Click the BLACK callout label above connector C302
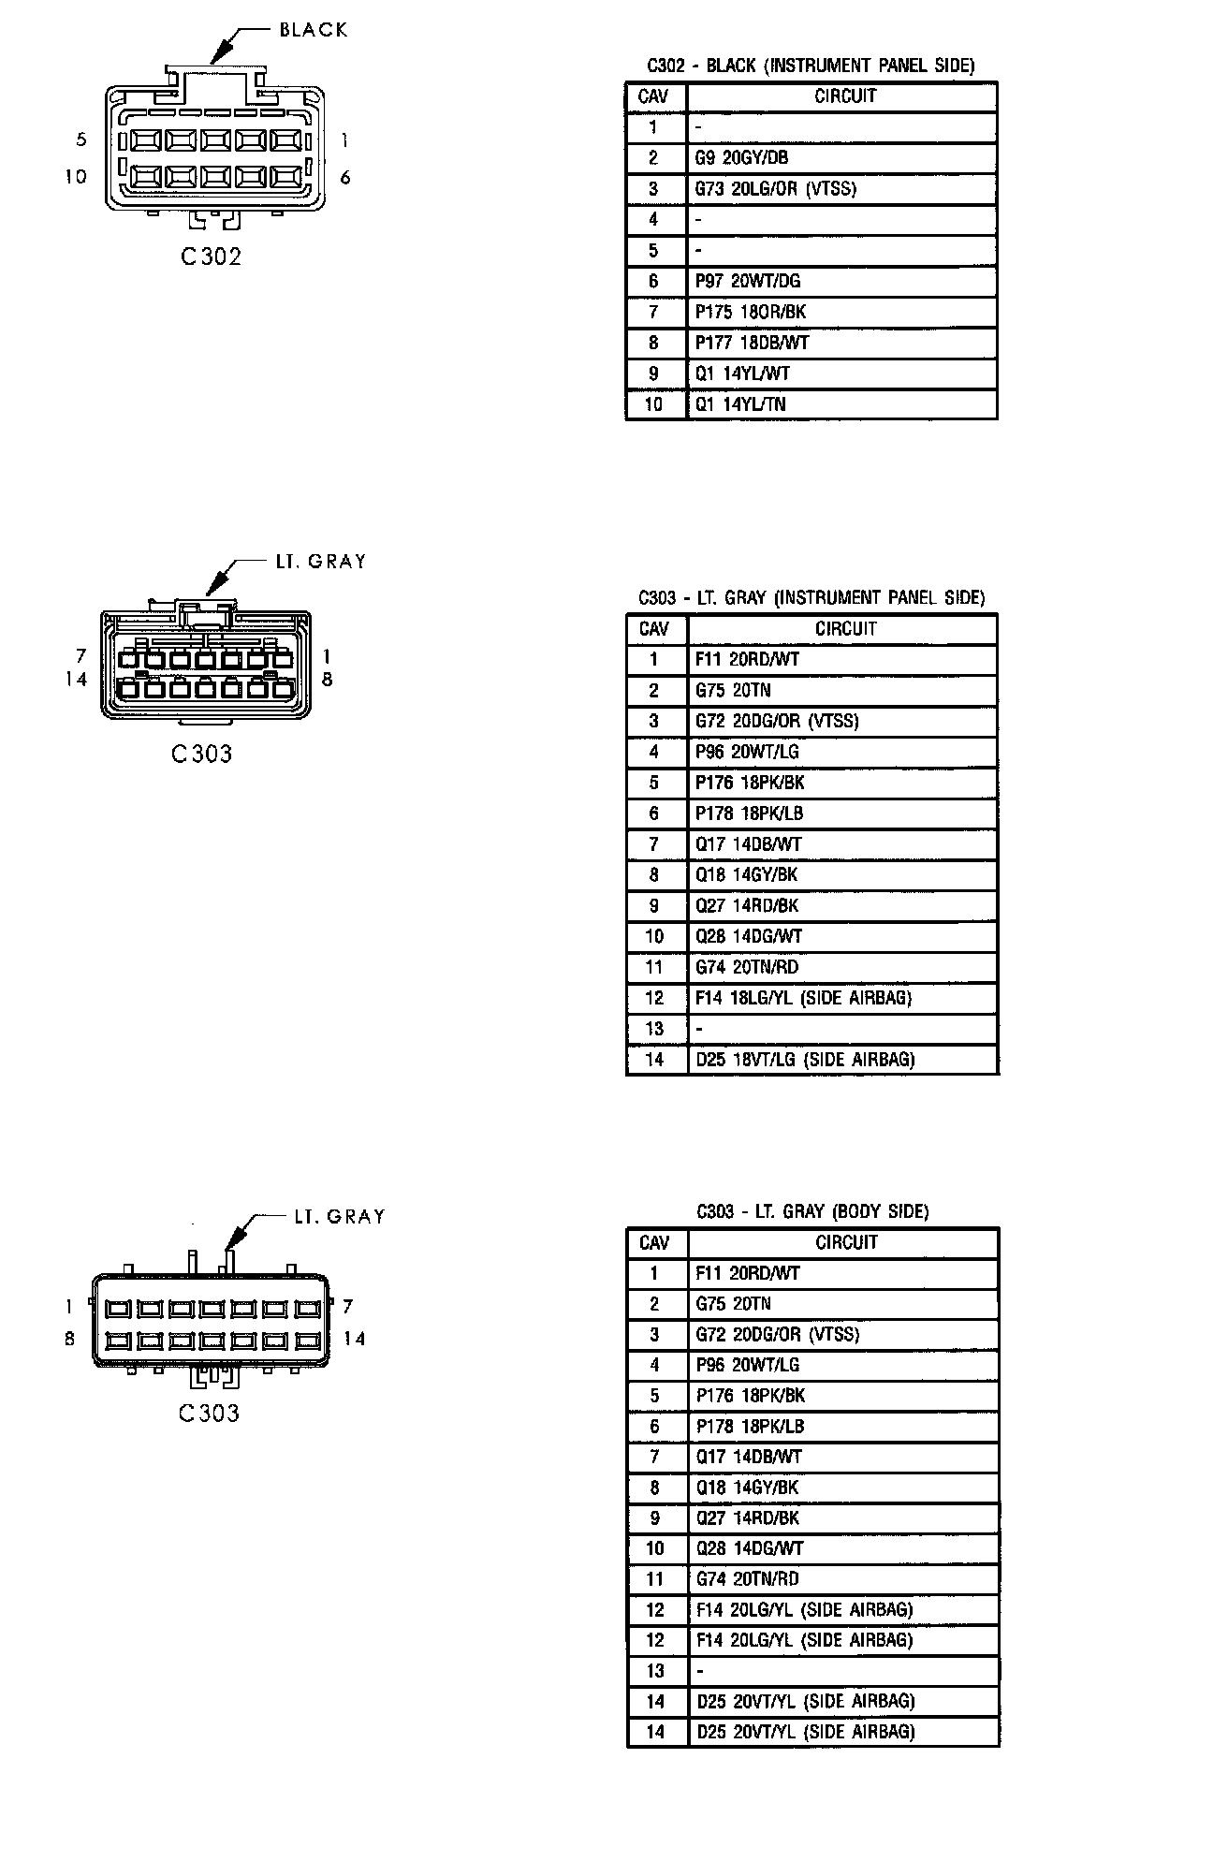[314, 30]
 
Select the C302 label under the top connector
[211, 256]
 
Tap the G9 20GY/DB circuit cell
[741, 158]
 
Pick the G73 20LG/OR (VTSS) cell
[775, 189]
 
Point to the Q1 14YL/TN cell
[740, 404]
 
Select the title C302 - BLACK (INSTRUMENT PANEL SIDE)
[811, 66]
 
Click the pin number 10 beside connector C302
[76, 176]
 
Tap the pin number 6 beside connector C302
[345, 177]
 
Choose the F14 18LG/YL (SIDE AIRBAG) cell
[804, 998]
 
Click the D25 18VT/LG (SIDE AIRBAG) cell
[805, 1060]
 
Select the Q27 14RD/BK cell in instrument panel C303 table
[747, 906]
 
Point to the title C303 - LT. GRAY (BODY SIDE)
[812, 1211]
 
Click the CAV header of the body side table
[654, 1243]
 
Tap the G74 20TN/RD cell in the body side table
[747, 1579]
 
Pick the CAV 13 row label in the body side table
[654, 1671]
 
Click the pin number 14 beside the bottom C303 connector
[354, 1339]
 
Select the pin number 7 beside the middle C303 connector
[81, 656]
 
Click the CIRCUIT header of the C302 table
[845, 96]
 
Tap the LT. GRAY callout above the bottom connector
[339, 1216]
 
